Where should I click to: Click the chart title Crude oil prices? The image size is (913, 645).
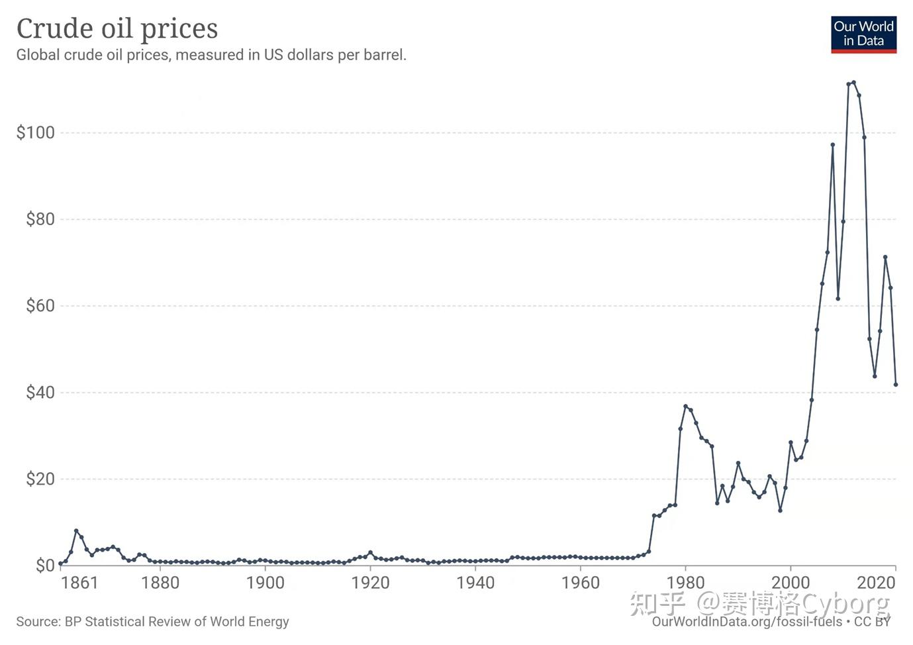coord(117,28)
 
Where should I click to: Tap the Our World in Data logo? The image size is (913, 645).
coord(863,34)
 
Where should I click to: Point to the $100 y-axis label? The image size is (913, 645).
coord(36,132)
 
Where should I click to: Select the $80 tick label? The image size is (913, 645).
coord(40,219)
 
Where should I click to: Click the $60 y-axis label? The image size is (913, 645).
coord(40,305)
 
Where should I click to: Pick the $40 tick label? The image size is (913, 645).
coord(40,392)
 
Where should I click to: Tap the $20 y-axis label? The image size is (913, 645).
coord(40,479)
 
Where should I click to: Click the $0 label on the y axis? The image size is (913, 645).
coord(45,565)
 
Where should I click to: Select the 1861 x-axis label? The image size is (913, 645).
coord(79,583)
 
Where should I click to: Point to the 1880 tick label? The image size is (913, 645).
coord(160,583)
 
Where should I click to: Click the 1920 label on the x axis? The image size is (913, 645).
coord(370,583)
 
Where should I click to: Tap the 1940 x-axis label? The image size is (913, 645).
coord(475,583)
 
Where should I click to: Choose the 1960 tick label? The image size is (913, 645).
coord(581,583)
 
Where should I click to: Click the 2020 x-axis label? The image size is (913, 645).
coord(876,583)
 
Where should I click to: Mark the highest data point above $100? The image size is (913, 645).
coord(853,83)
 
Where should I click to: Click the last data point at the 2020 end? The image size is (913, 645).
coord(896,384)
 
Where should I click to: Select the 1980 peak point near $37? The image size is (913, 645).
coord(685,407)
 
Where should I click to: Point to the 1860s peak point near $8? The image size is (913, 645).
coord(76,531)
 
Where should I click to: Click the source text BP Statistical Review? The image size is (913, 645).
coord(152,621)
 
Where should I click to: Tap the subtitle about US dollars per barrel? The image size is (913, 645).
coord(211,55)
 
